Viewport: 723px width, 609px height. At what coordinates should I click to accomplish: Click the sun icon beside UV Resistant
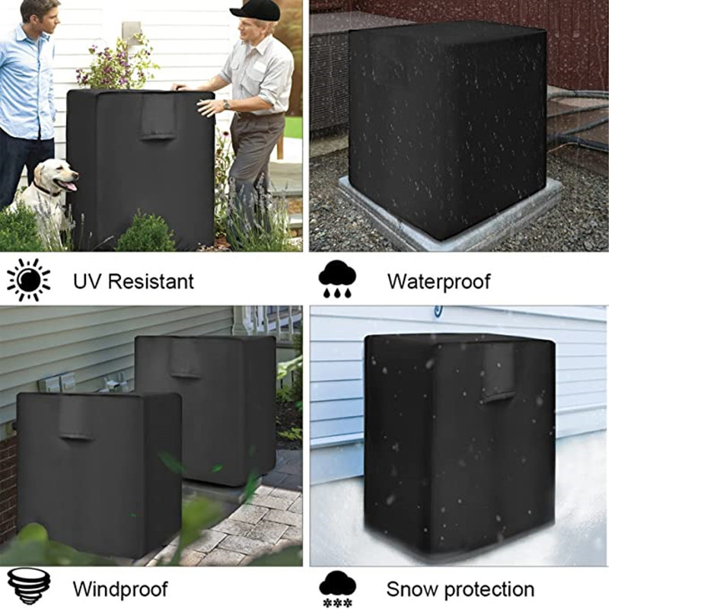point(29,280)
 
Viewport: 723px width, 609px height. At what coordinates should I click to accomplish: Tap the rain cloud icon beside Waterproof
point(337,279)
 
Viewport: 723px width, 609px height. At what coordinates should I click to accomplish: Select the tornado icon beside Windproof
point(29,586)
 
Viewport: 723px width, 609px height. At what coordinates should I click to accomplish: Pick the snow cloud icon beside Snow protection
point(337,589)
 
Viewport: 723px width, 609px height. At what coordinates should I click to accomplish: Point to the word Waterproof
point(439,282)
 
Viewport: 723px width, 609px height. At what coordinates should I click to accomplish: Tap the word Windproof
point(120,589)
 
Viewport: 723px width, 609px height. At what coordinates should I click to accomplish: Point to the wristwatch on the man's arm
point(226,105)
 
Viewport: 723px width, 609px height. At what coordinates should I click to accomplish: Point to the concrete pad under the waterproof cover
point(450,217)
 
